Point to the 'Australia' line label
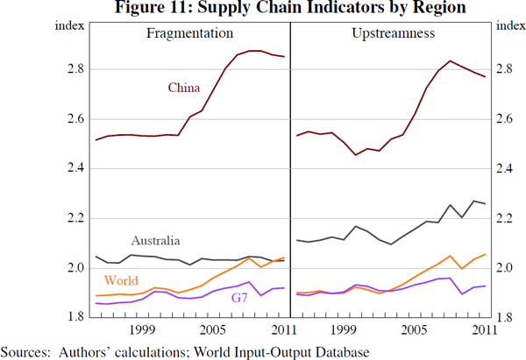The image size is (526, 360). [x=156, y=240]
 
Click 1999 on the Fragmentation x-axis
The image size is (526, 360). [x=143, y=330]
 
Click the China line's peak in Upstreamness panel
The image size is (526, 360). [x=450, y=60]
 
